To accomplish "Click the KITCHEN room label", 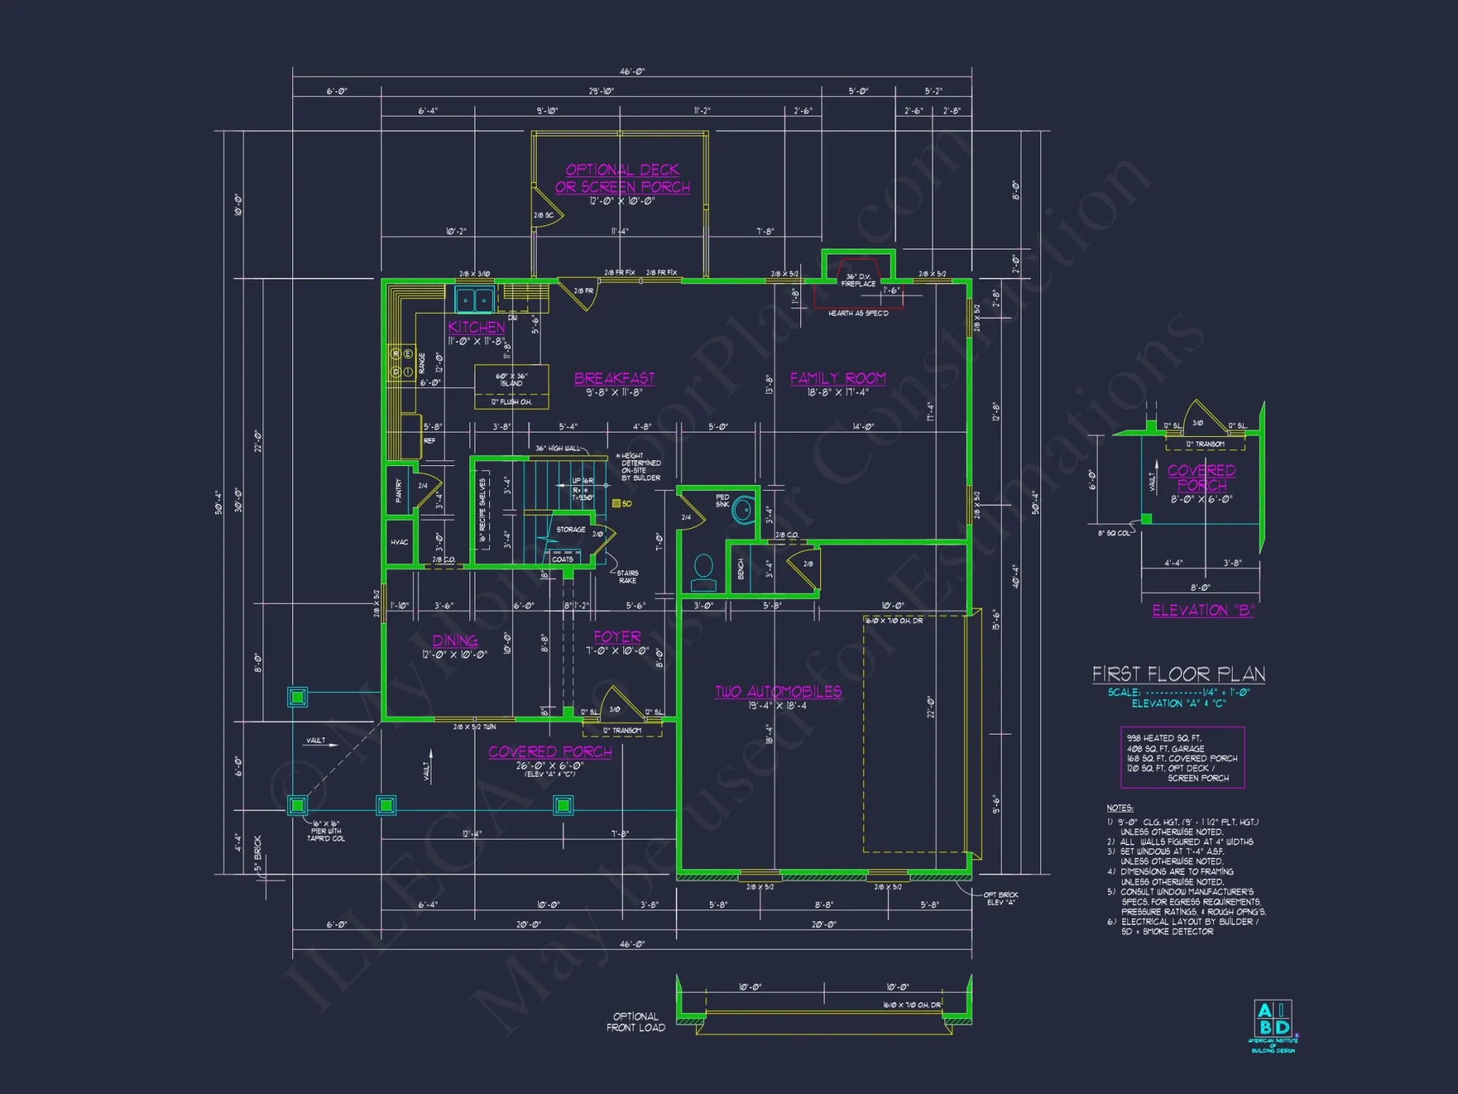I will point(476,327).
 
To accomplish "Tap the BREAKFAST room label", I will point(614,379).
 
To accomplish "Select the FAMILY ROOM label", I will point(838,379).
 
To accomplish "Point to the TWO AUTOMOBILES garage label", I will point(778,691).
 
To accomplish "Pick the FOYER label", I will point(617,637).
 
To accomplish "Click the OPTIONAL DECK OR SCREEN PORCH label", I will point(623,178).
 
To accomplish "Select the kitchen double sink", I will point(475,300).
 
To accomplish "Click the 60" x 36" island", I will point(511,380).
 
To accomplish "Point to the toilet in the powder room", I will point(703,573).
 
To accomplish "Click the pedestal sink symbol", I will point(742,509).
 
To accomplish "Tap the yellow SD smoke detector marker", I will point(617,503).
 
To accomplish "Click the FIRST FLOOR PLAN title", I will point(1178,674).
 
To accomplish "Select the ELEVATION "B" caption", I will point(1203,610).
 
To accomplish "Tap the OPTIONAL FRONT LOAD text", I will point(636,1022).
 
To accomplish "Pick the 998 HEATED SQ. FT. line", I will point(1163,738).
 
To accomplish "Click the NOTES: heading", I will point(1119,808).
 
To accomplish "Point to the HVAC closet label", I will point(399,543).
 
